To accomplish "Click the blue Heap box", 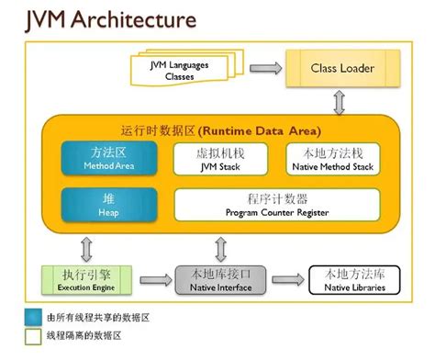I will (x=96, y=205).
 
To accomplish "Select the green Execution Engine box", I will (x=89, y=280).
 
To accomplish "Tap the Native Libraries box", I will (x=348, y=280).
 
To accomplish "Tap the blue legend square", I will (x=32, y=317).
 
